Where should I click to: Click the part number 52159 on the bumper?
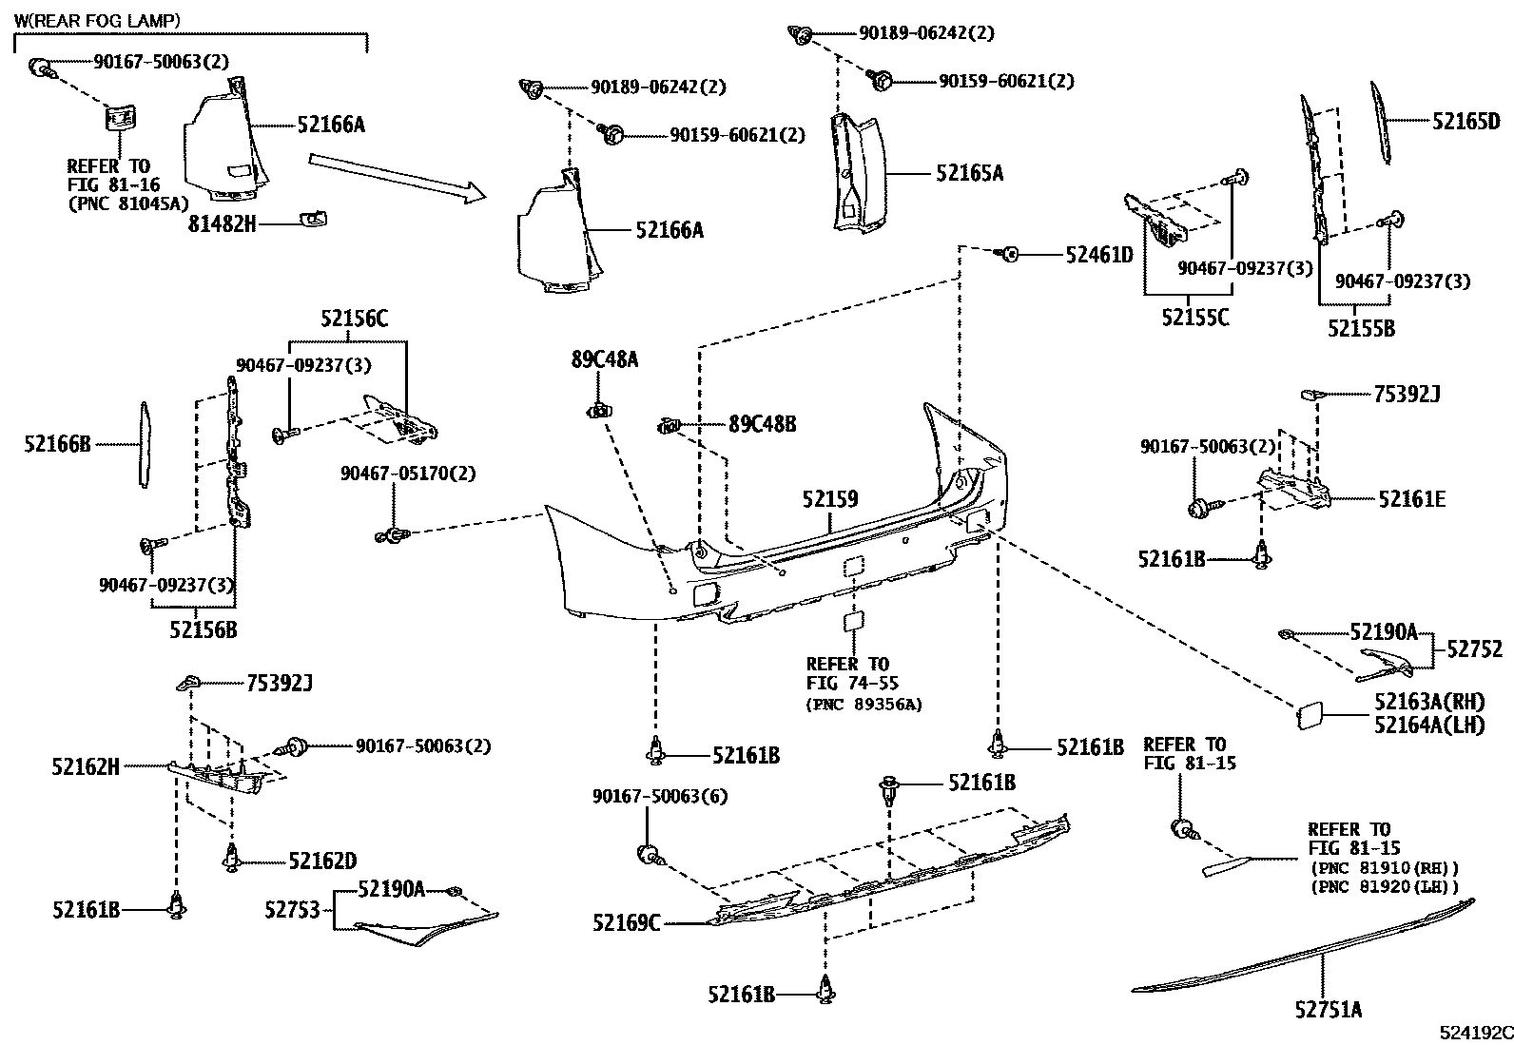[828, 498]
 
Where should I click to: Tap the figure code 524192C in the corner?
[1474, 1033]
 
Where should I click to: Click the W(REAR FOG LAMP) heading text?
[97, 19]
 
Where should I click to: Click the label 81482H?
[222, 224]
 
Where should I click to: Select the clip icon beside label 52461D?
[1011, 255]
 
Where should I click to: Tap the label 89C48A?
[605, 359]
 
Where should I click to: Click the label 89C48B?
[763, 424]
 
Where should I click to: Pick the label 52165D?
[1465, 121]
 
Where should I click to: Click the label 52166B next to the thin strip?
[57, 443]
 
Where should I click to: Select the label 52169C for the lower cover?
[625, 922]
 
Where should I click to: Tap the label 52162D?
[322, 861]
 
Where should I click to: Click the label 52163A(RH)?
[1428, 702]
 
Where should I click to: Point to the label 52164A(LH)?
[1428, 725]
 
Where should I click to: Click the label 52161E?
[1411, 498]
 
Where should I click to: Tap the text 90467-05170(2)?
[408, 473]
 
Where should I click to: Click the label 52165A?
[969, 173]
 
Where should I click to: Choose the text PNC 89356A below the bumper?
[864, 705]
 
